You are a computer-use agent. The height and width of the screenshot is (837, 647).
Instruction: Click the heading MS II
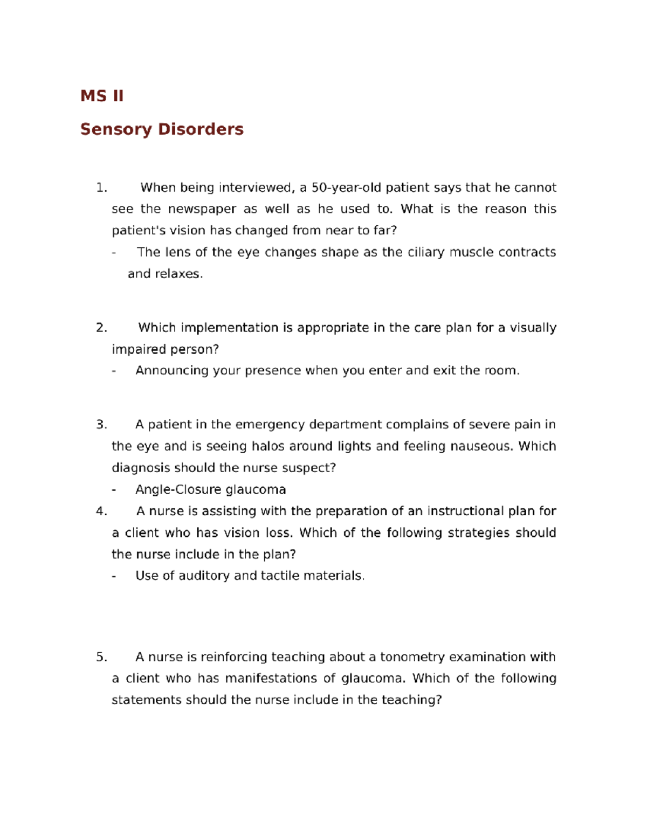click(102, 96)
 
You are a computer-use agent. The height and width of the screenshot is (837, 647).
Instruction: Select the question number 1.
click(101, 188)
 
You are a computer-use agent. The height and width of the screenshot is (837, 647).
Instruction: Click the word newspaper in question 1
click(202, 209)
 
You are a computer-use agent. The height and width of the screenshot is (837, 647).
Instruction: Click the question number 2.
click(101, 328)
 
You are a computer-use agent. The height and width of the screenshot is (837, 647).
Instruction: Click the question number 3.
click(101, 425)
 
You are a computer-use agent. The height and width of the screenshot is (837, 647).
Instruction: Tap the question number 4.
click(101, 511)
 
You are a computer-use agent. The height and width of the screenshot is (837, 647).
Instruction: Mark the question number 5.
click(101, 657)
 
